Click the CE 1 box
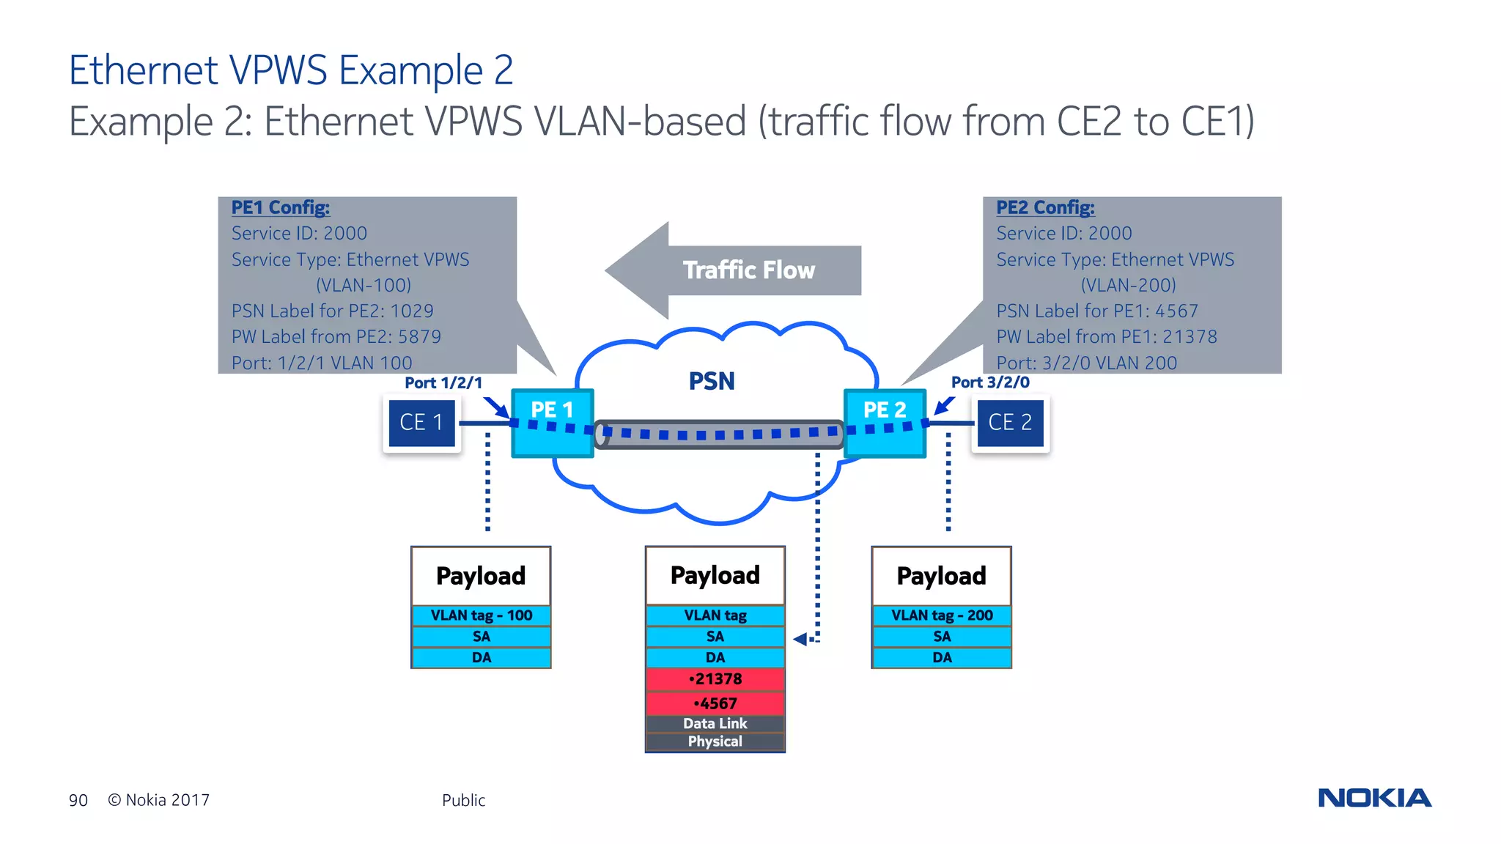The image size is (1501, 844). click(421, 423)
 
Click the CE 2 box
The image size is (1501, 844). click(1010, 423)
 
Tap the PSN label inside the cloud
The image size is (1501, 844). click(711, 381)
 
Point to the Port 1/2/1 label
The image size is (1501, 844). click(443, 382)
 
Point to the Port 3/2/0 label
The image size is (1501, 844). click(989, 382)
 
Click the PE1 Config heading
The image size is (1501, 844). click(281, 207)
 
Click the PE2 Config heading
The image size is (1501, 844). click(1045, 207)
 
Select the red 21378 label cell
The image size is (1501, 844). click(715, 679)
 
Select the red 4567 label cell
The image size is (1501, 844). click(715, 703)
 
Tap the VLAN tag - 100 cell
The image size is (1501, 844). click(481, 615)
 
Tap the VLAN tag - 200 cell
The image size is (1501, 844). click(942, 615)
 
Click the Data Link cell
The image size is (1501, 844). click(715, 723)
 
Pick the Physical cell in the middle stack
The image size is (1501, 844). click(715, 741)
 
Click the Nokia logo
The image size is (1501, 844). click(1374, 798)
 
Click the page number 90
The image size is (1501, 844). click(78, 800)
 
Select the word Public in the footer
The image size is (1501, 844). click(463, 800)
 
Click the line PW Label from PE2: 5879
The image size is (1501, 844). click(336, 336)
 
